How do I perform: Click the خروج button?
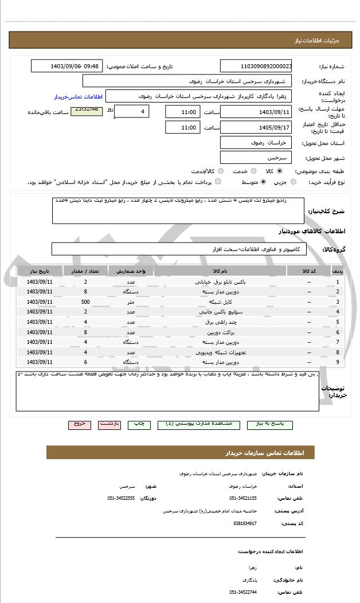(x=79, y=424)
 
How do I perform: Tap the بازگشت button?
(x=109, y=424)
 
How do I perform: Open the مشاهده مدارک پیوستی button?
(x=199, y=424)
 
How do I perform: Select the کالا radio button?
(x=279, y=171)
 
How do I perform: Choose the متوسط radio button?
(x=263, y=182)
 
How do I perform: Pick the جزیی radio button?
(x=294, y=182)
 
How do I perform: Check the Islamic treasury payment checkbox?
(x=218, y=182)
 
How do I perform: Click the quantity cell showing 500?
(x=85, y=302)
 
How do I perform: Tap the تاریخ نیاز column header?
(x=40, y=271)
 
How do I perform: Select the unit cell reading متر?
(x=131, y=302)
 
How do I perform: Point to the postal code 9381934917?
(x=245, y=523)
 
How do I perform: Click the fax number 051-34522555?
(x=121, y=498)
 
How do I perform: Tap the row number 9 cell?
(x=337, y=362)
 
